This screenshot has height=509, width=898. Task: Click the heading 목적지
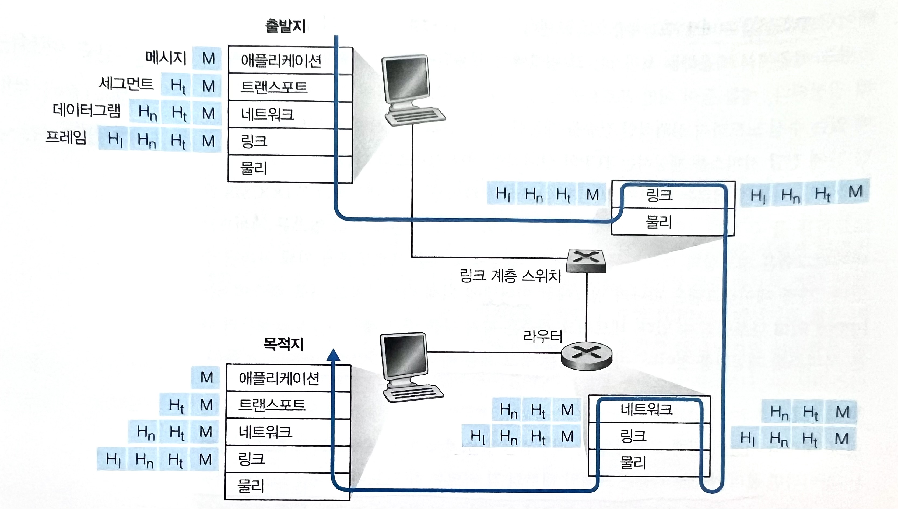283,344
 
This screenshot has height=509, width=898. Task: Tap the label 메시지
166,58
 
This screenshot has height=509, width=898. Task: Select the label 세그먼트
126,84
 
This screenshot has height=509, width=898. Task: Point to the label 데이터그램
86,110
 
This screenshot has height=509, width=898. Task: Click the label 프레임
66,138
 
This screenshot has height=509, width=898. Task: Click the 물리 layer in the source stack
253,169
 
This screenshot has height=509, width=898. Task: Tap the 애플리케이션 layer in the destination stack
279,378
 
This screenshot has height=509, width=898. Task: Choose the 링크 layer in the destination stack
252,459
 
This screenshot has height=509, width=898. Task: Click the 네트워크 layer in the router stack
646,409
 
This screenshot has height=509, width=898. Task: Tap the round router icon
587,356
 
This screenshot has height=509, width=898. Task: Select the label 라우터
542,336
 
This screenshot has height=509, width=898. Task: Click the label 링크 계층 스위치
510,276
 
